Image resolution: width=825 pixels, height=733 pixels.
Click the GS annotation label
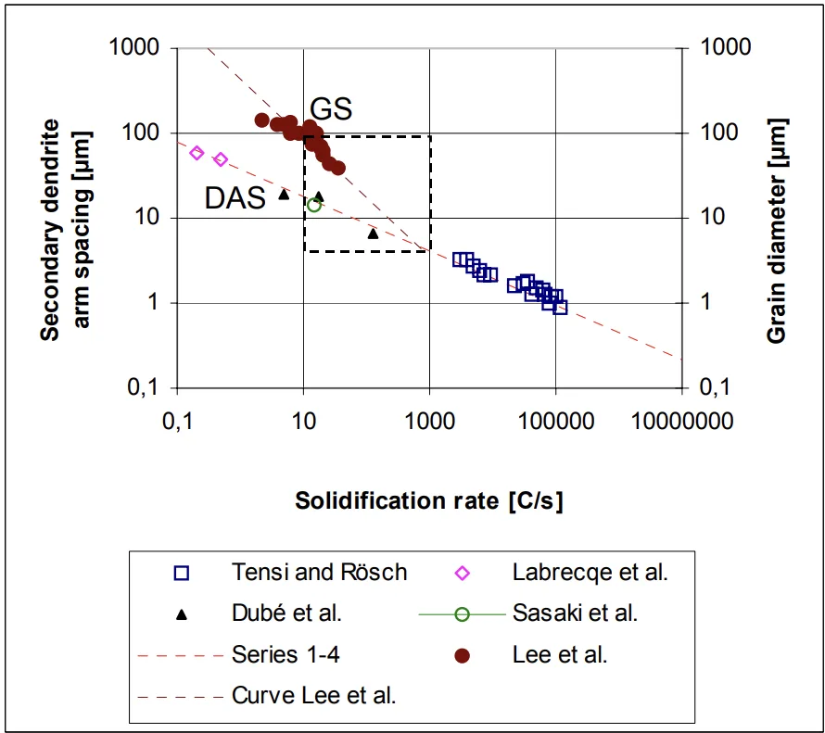pyautogui.click(x=331, y=109)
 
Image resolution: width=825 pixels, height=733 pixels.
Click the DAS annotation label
pyautogui.click(x=236, y=197)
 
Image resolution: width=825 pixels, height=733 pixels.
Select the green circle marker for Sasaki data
pyautogui.click(x=314, y=205)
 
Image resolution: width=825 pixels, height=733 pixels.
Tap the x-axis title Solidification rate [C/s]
pyautogui.click(x=428, y=501)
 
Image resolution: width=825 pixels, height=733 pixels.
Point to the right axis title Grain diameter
pyautogui.click(x=777, y=230)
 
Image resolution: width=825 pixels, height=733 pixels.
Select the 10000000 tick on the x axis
pyautogui.click(x=681, y=422)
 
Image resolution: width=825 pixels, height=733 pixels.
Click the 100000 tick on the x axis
pyautogui.click(x=555, y=422)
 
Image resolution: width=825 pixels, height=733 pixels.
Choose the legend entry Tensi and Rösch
pyautogui.click(x=319, y=573)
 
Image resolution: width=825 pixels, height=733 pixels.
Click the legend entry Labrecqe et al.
pyautogui.click(x=590, y=573)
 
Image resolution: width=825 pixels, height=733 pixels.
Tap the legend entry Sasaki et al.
pyautogui.click(x=575, y=613)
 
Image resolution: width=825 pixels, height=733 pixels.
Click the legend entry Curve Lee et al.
pyautogui.click(x=314, y=696)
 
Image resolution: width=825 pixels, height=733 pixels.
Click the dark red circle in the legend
pyautogui.click(x=463, y=655)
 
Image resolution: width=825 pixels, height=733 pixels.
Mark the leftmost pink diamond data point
pyautogui.click(x=197, y=153)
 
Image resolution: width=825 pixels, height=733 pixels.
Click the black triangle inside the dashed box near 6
pyautogui.click(x=373, y=234)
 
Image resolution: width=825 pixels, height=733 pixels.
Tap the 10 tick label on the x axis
pyautogui.click(x=303, y=422)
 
